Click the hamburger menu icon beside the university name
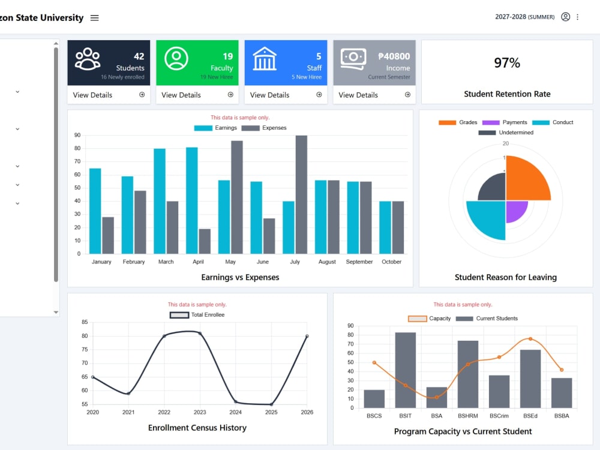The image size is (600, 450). [x=95, y=18]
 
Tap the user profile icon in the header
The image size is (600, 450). [x=566, y=17]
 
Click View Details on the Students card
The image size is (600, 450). [x=92, y=95]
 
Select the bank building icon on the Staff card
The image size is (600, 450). [x=265, y=59]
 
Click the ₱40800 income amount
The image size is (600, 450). [x=394, y=56]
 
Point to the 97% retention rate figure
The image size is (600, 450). [x=507, y=63]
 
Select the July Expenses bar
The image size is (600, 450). [x=301, y=194]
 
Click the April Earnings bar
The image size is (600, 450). [x=192, y=200]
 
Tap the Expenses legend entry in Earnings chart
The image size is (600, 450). [x=263, y=128]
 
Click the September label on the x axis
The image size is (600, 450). [x=359, y=262]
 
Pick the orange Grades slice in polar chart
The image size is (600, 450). [x=528, y=178]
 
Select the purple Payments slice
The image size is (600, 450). [x=515, y=210]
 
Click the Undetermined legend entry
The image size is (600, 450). [x=505, y=133]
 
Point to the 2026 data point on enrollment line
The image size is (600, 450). [x=307, y=337]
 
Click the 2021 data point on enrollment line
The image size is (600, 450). [x=128, y=394]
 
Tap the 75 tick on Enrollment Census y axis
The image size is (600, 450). [x=85, y=349]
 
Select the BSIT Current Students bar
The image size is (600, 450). [x=405, y=370]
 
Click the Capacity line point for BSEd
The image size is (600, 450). [x=530, y=339]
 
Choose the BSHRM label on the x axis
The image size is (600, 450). [x=467, y=416]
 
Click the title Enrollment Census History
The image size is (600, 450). [x=197, y=428]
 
